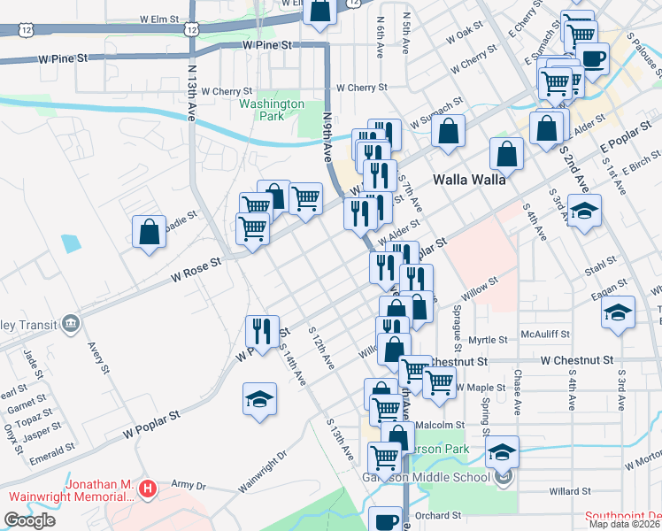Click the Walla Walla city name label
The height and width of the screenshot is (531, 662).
468,179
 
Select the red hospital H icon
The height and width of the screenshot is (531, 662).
149,487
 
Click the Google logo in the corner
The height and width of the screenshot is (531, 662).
29,520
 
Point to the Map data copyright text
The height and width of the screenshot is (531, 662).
625,524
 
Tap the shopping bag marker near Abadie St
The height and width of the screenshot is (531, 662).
150,233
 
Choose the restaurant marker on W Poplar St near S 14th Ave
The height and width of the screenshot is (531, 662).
262,332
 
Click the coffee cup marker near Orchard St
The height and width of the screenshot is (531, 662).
385,520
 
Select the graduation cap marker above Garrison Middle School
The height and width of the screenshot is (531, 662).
502,452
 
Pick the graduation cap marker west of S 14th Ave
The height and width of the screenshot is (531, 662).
260,399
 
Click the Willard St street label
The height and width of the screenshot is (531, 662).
569,490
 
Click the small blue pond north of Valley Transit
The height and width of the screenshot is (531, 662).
69,242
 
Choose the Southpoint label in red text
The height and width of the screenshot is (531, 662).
623,516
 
